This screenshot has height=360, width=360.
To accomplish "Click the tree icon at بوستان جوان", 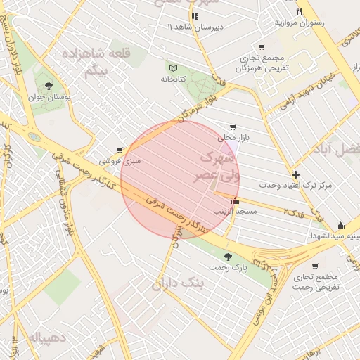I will point(49,86).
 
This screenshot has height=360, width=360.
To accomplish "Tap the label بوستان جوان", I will point(49,99).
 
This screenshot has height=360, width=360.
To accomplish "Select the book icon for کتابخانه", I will point(172,67).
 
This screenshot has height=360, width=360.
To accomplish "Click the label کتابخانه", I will point(172,79).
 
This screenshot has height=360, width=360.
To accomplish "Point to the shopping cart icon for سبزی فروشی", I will point(120,150).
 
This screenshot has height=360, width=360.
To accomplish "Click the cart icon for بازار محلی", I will point(233,127).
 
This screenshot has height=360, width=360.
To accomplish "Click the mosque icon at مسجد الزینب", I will point(235,201).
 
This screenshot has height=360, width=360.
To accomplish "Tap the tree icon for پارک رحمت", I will point(226,257).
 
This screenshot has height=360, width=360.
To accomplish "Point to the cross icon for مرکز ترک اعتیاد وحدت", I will point(295,174).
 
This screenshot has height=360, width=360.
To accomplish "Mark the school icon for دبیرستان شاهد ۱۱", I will point(194,15).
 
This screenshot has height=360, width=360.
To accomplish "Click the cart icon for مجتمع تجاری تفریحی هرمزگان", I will point(262,46).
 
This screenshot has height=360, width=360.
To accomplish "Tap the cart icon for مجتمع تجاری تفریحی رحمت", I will point(314,266).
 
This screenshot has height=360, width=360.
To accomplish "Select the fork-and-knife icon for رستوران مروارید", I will point(299,12).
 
